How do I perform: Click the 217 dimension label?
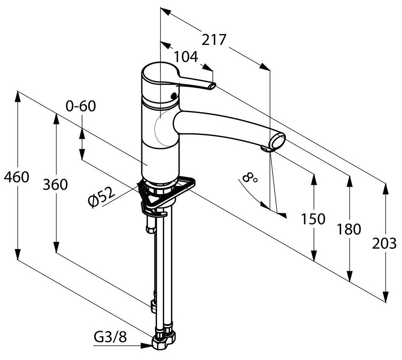point(214,40)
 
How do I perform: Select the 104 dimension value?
point(186,56)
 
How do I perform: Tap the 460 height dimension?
point(17,178)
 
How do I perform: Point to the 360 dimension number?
point(55,184)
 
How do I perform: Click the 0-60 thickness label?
point(81,106)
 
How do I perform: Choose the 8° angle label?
point(250,179)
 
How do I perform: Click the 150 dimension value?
point(313,218)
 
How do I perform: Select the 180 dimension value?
point(349,229)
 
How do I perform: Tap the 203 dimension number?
point(384,243)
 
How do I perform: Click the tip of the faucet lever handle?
point(212,86)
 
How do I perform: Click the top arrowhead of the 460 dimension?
point(18,96)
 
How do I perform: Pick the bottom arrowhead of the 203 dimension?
point(385,296)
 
